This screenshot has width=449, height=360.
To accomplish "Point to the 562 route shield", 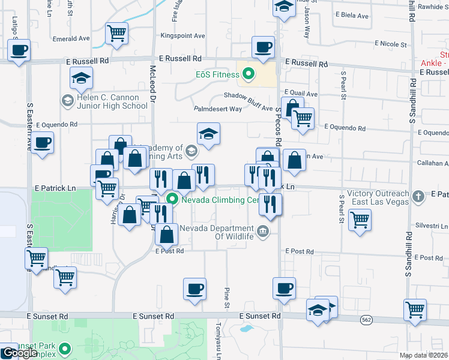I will [366, 320].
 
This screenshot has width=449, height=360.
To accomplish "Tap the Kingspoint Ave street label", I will [182, 36].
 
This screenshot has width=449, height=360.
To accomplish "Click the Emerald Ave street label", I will [71, 38].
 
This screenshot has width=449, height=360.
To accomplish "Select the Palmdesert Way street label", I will [217, 109].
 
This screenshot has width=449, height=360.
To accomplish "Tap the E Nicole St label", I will [391, 44].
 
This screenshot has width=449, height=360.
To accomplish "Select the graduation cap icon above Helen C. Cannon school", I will [81, 77].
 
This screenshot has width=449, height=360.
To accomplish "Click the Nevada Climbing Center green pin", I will [173, 199].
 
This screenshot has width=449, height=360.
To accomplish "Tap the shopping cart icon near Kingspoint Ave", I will [116, 32].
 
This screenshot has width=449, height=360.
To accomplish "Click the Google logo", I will [19, 353].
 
